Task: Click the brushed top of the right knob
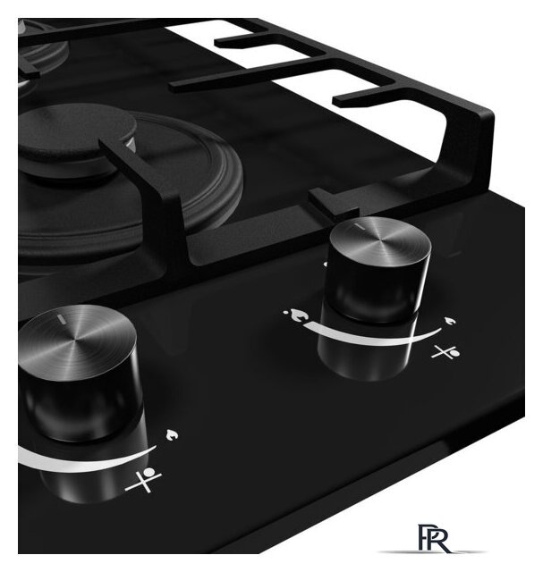coord(380,241)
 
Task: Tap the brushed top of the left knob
coord(77,342)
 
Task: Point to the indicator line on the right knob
coord(360,226)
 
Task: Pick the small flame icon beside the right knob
coord(450,322)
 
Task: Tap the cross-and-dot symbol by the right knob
coord(445,352)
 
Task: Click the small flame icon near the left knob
coord(172,435)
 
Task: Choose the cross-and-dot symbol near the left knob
coord(143,479)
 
